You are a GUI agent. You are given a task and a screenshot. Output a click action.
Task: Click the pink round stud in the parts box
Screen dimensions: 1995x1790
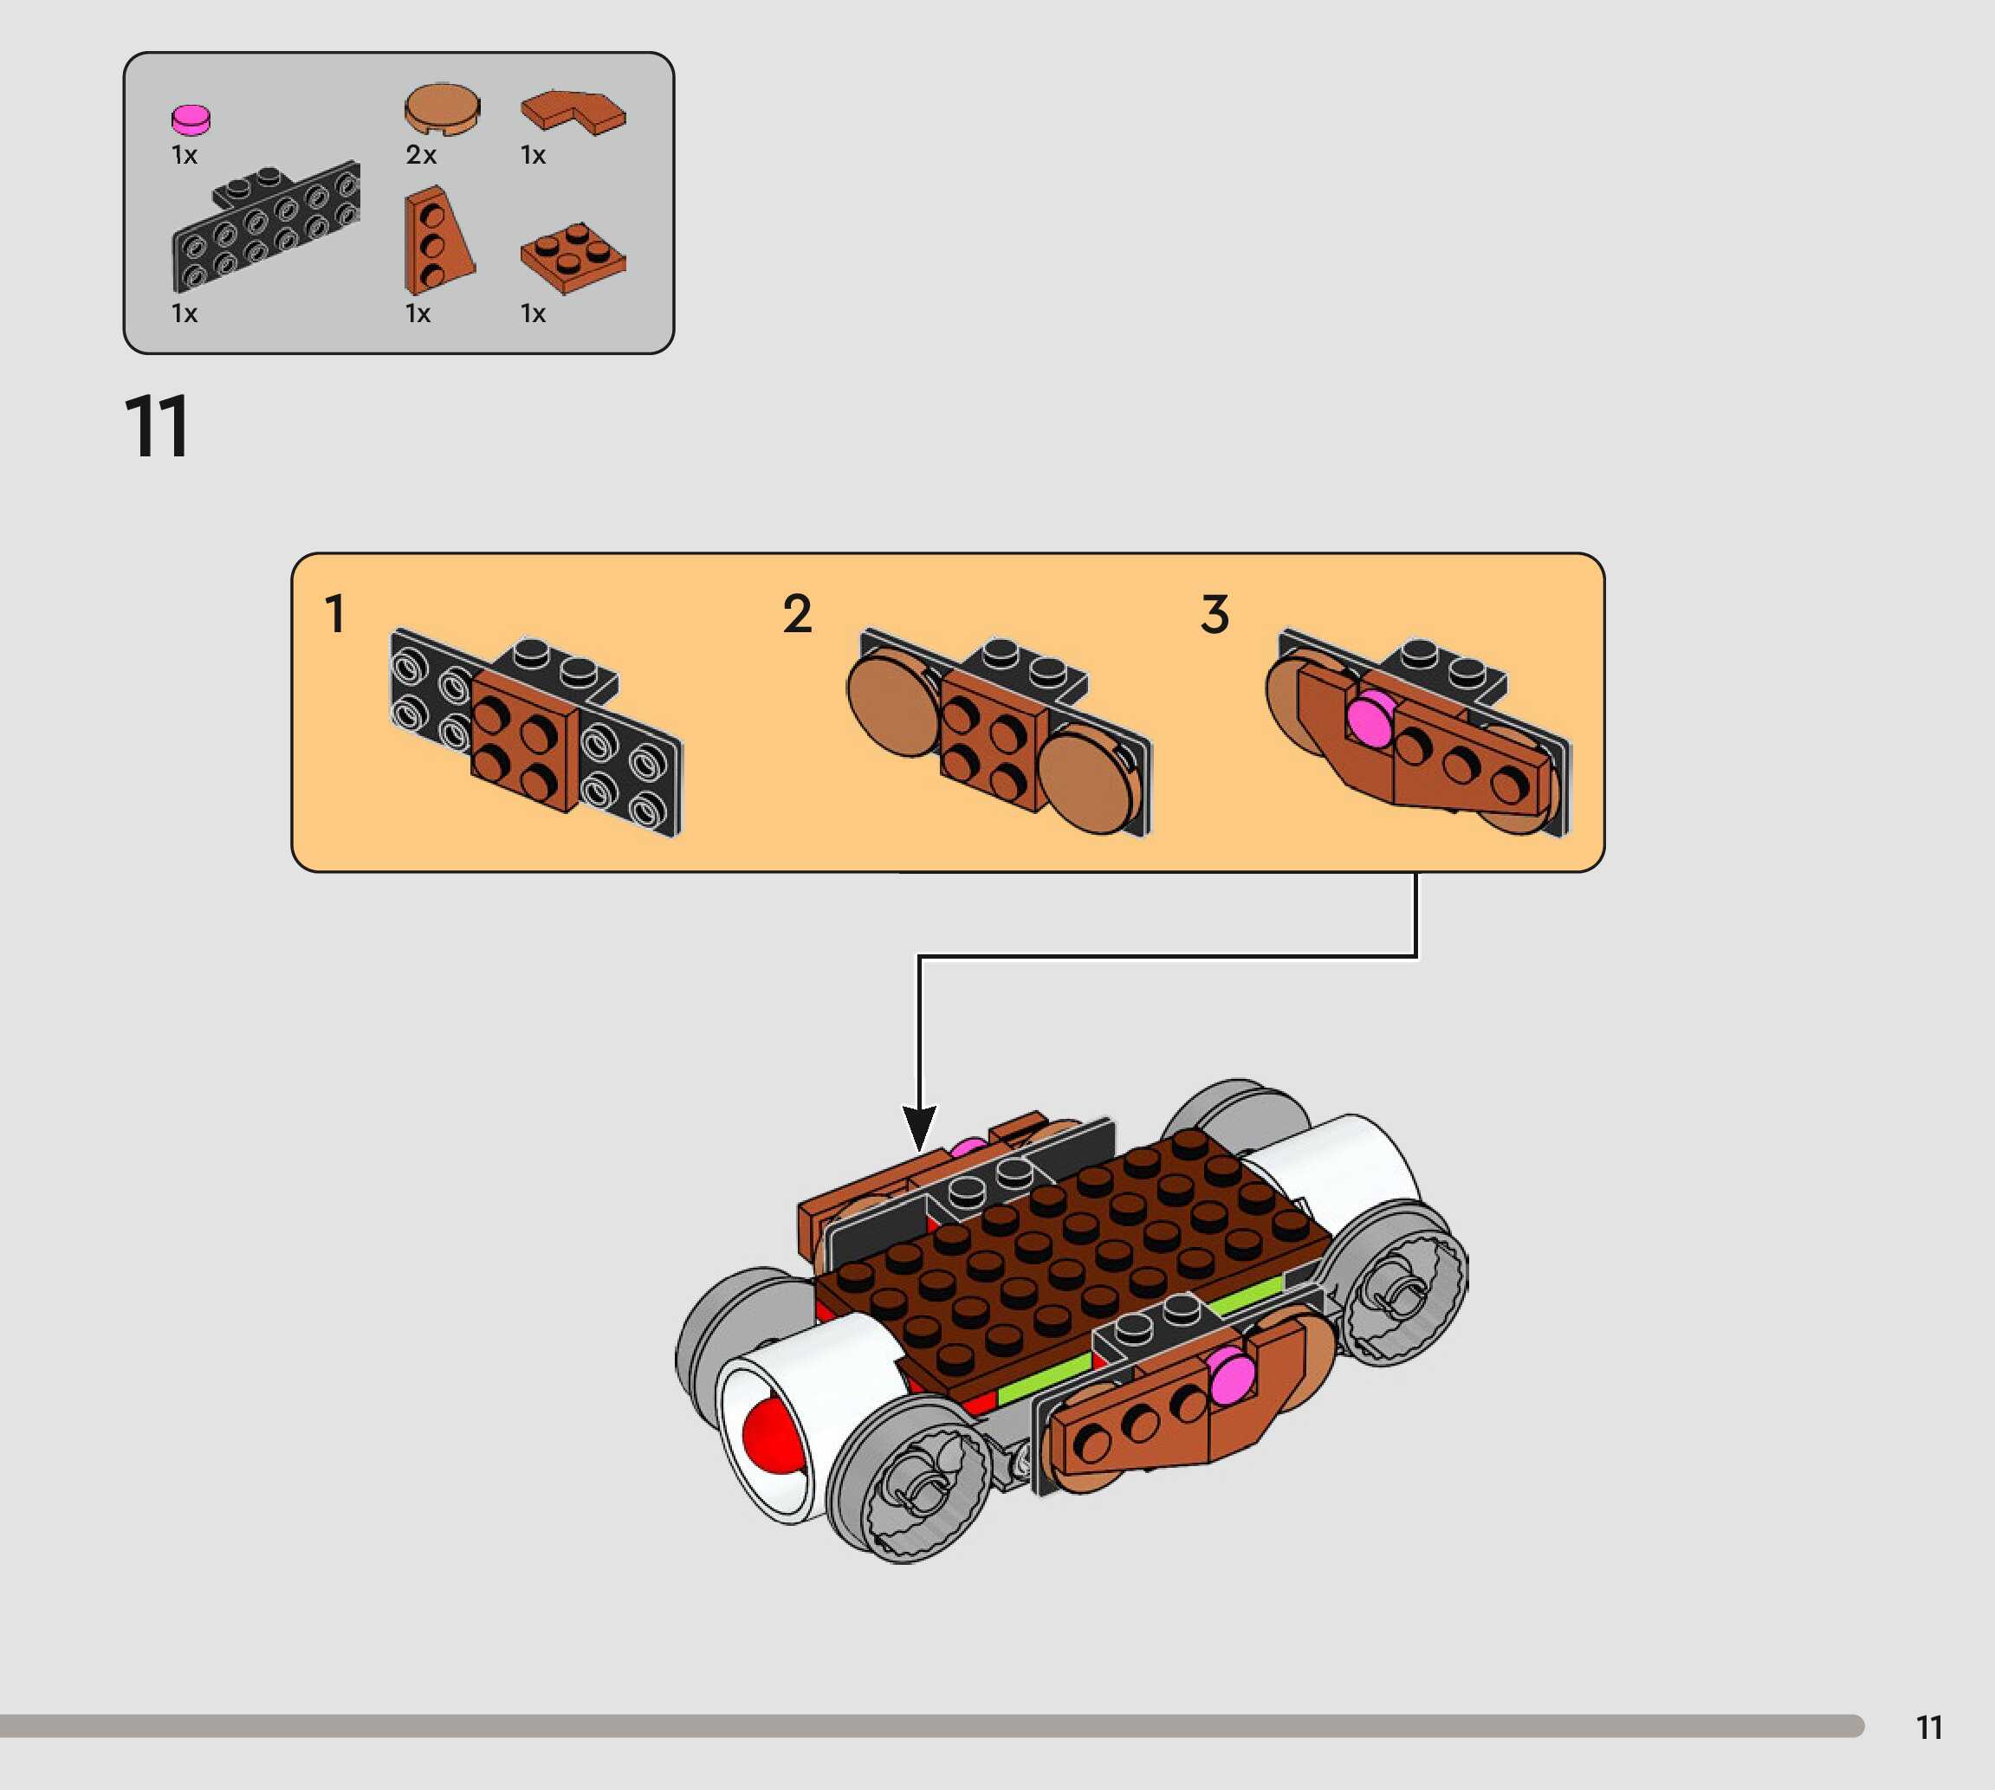tap(191, 119)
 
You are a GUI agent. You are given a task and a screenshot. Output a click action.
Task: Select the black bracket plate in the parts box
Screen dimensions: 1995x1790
tap(266, 228)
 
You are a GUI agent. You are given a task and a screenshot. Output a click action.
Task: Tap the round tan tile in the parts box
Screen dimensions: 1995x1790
tap(443, 108)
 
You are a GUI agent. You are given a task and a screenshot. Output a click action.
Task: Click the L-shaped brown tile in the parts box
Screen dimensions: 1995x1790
tap(573, 112)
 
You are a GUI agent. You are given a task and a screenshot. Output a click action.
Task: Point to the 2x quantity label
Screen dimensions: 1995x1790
tap(421, 154)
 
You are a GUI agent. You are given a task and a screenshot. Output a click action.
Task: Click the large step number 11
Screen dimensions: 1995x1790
tap(158, 427)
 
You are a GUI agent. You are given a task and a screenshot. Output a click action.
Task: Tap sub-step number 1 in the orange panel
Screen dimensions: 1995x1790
tap(334, 614)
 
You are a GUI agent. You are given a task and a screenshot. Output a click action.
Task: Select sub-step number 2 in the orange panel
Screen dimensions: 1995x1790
tap(797, 614)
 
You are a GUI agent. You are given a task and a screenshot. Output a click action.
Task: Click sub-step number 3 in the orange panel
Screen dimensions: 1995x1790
tap(1214, 614)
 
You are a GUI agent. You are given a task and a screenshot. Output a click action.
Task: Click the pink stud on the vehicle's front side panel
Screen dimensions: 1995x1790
tap(1232, 1374)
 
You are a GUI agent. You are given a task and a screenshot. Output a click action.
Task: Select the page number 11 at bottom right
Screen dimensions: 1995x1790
tap(1929, 1727)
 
